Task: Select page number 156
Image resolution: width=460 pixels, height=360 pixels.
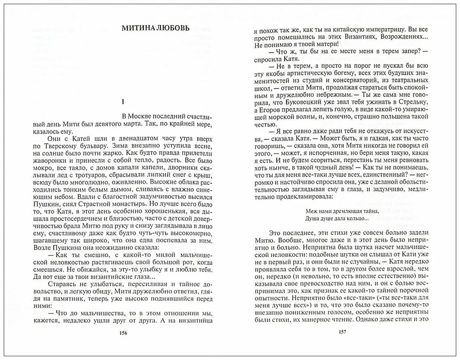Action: coord(123,333)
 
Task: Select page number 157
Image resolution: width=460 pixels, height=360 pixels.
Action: coord(342,332)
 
